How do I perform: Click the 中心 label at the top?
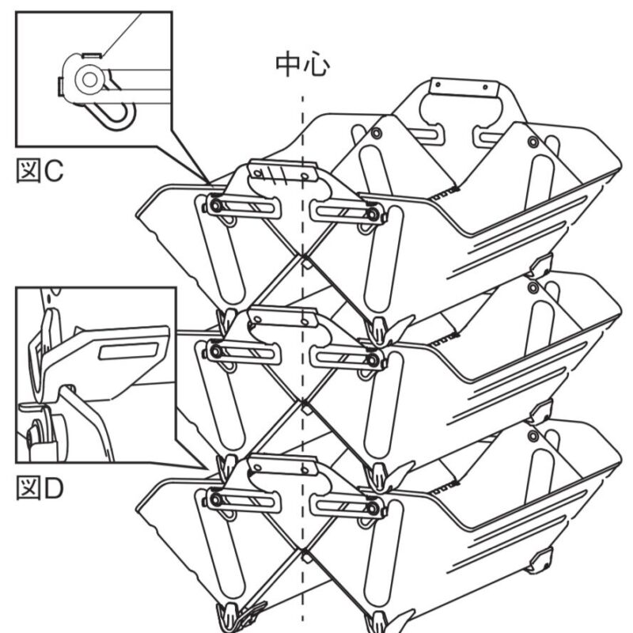pos(302,65)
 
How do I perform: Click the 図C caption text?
pos(40,171)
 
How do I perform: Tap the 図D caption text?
pos(40,488)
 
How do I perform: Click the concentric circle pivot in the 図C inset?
pos(89,80)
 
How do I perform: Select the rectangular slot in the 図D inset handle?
pos(128,351)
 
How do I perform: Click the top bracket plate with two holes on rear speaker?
pos(464,88)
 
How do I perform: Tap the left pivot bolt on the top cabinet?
pos(215,207)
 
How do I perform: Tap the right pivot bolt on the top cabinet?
pos(373,214)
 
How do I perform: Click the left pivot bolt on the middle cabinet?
pos(215,352)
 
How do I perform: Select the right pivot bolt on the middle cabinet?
pos(373,360)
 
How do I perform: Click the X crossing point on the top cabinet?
pos(301,256)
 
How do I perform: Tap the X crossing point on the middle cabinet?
pos(301,402)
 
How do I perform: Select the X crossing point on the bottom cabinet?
pos(301,550)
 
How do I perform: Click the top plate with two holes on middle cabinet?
pos(282,317)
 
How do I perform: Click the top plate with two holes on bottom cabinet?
pos(282,465)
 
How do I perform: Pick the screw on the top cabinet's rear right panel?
pos(533,142)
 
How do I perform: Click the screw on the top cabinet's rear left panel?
pos(377,133)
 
